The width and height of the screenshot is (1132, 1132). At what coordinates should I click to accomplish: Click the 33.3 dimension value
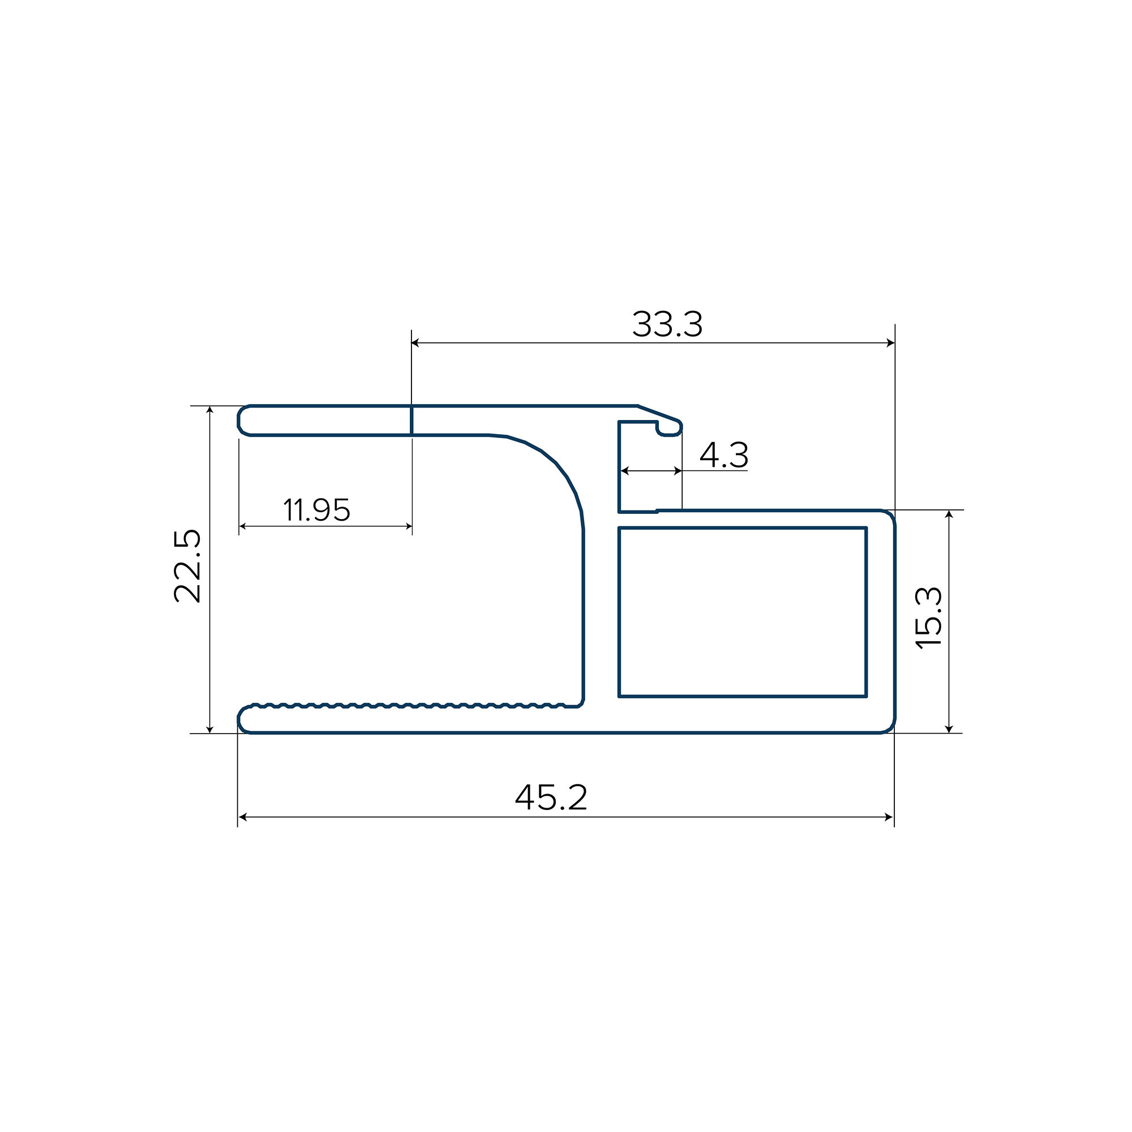(x=667, y=324)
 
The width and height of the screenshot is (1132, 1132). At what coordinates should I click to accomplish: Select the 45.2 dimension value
(x=551, y=797)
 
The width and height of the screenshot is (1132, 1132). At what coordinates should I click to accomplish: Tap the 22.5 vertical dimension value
(x=187, y=566)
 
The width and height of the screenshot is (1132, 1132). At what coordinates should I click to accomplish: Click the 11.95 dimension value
(x=317, y=510)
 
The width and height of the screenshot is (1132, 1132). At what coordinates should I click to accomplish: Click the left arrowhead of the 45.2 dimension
(x=243, y=817)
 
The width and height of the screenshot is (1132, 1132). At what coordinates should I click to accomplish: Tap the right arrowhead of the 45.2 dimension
(x=889, y=817)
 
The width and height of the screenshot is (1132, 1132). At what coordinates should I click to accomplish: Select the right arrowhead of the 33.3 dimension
(x=890, y=343)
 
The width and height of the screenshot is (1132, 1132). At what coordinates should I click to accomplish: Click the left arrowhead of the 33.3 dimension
(x=416, y=343)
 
